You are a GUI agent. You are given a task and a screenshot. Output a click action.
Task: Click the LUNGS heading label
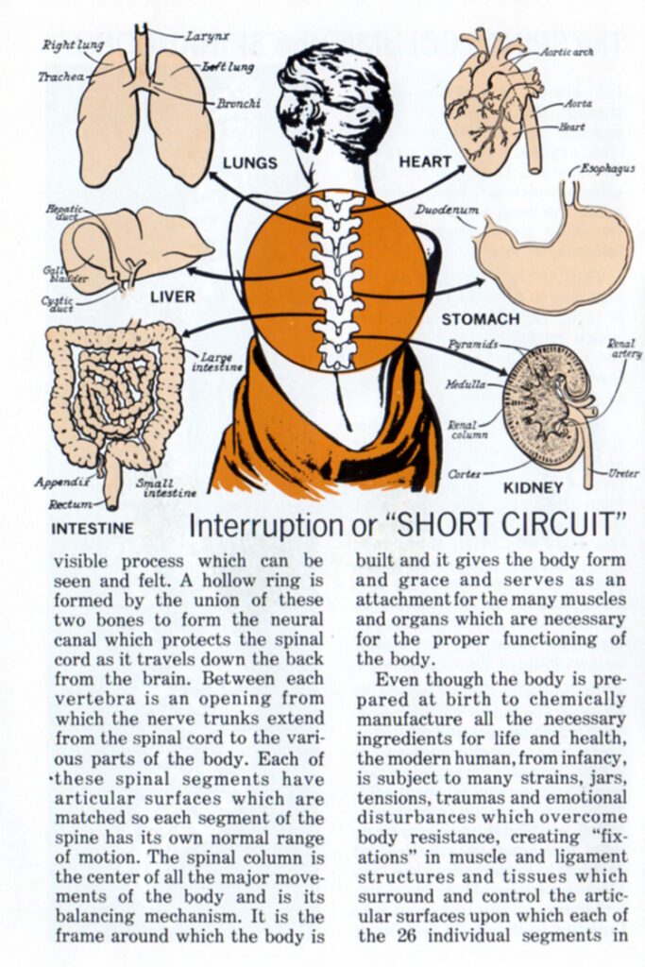pyautogui.click(x=250, y=162)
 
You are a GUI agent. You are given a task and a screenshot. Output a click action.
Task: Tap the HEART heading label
pyautogui.click(x=425, y=161)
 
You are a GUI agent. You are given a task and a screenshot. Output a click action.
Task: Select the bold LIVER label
pyautogui.click(x=173, y=297)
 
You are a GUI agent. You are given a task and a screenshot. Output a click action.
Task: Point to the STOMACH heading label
pyautogui.click(x=480, y=319)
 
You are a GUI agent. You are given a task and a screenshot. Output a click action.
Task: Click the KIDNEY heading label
pyautogui.click(x=533, y=488)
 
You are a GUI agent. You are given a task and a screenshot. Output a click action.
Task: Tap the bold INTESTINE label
pyautogui.click(x=93, y=529)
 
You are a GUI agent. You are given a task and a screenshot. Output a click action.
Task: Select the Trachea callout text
pyautogui.click(x=60, y=76)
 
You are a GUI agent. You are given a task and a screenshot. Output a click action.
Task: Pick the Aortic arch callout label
pyautogui.click(x=567, y=53)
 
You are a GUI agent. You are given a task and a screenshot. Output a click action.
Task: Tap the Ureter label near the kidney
pyautogui.click(x=623, y=473)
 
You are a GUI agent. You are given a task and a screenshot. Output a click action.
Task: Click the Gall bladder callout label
pyautogui.click(x=53, y=274)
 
